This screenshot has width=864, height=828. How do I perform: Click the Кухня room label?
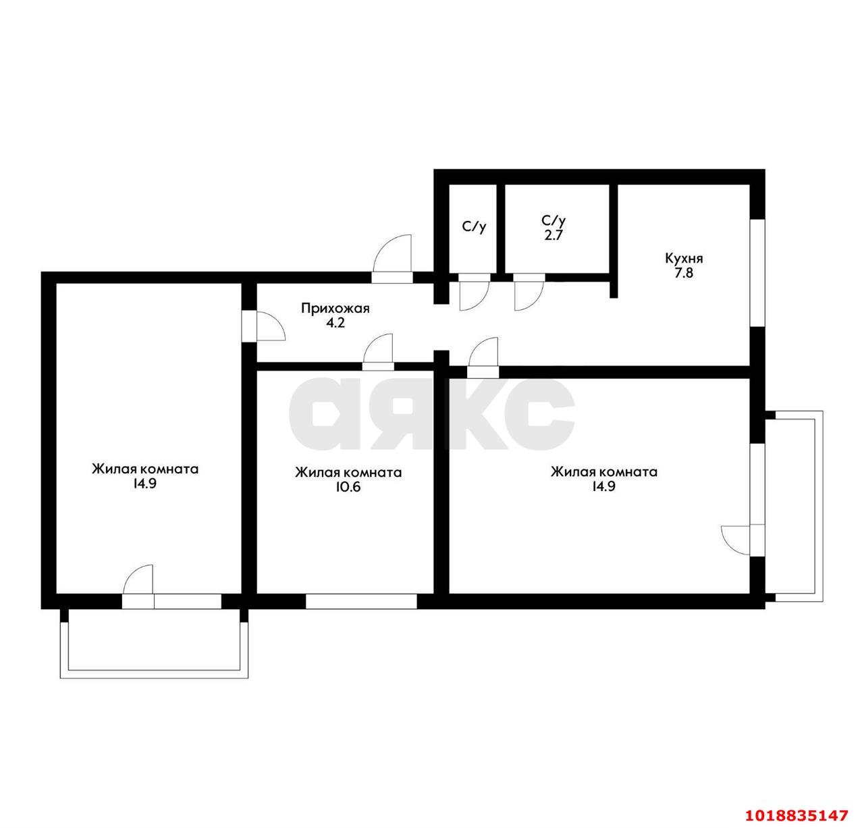point(683,258)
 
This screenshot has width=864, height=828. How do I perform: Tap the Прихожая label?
point(335,308)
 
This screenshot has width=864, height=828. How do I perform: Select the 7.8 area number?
point(684,273)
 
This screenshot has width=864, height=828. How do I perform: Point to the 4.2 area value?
point(335,323)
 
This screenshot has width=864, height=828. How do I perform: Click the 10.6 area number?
point(348,487)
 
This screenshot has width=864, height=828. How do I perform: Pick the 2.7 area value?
point(553,235)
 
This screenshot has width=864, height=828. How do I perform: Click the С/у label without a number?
point(474,226)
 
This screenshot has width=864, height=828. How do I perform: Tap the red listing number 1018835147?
point(797,815)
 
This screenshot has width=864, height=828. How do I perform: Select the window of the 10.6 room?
point(361,601)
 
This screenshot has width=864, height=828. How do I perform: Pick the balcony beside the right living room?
point(794,506)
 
